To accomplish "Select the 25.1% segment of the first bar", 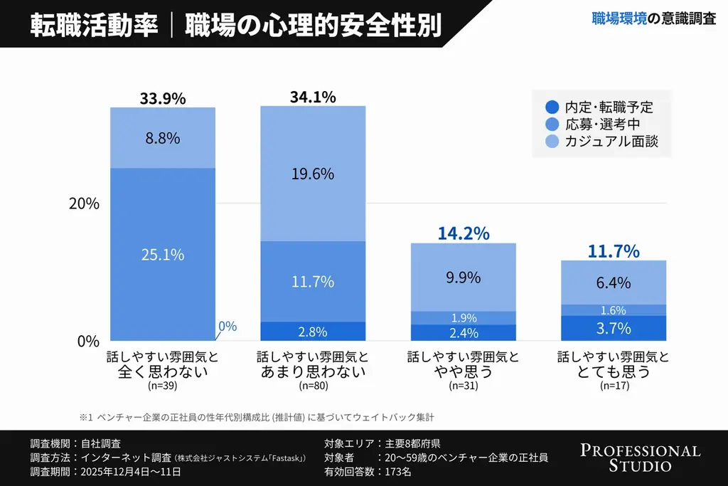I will [163, 254].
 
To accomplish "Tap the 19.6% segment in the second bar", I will [313, 174].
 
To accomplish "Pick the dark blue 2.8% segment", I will [313, 332].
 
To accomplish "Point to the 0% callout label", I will [227, 326].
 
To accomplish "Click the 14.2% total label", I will [464, 233].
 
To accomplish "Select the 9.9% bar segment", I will [464, 278].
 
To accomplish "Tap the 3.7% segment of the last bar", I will [614, 328].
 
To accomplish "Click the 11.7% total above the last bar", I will [614, 250].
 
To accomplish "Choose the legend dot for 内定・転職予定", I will [552, 107].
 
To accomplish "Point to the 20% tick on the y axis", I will [84, 204].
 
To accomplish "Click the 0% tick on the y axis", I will [88, 341].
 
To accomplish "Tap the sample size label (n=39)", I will [162, 386].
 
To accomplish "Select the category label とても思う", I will [614, 371].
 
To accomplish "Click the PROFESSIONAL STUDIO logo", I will [640, 458].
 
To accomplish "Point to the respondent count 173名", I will [396, 471].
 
